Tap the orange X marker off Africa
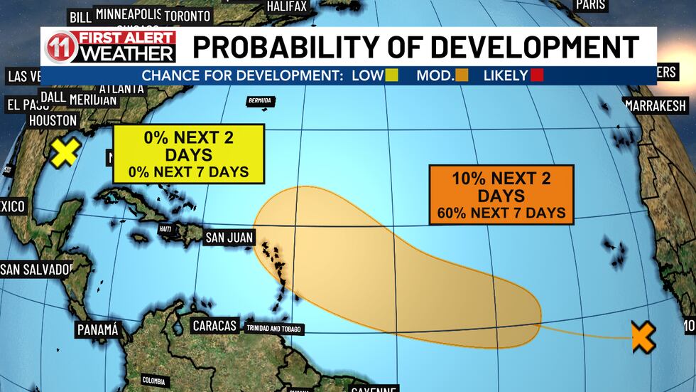coord(643,337)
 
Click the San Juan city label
coord(229,238)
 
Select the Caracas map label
coord(214,326)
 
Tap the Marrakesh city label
coord(656,106)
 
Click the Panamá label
coord(97,330)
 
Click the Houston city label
coord(53,121)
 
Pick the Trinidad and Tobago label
coord(274,329)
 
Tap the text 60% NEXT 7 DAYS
coord(501,212)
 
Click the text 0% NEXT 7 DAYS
coord(188,171)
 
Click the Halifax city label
coord(287,6)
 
